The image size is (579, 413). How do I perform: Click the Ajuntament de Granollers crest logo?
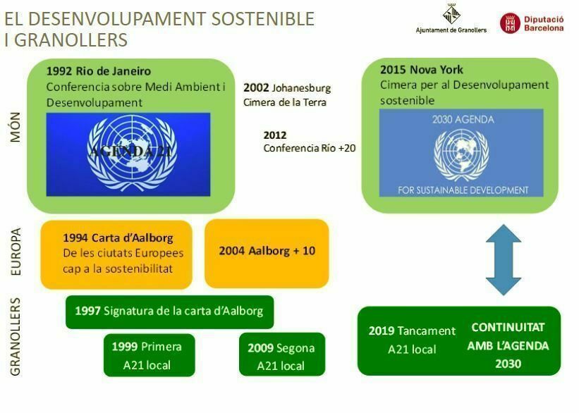coord(451,14)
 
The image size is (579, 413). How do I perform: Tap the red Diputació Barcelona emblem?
coord(510,23)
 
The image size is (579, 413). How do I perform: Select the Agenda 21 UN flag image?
coord(128,154)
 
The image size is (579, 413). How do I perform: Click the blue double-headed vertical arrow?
coord(504,259)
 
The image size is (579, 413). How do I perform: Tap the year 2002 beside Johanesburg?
coord(256,88)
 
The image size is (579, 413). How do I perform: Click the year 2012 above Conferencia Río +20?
coord(275,135)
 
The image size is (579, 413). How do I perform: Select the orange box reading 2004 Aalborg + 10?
coord(267,251)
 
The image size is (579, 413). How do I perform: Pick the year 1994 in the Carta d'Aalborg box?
coord(76,238)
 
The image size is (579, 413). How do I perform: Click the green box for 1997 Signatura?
coord(169,311)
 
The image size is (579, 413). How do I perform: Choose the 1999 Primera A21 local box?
coord(147,355)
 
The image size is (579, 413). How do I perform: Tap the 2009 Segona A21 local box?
coord(281,356)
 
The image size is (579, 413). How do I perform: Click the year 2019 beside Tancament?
coord(382,331)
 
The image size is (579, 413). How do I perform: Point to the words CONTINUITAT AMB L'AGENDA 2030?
coord(508,346)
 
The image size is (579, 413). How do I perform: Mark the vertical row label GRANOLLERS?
coord(16,336)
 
